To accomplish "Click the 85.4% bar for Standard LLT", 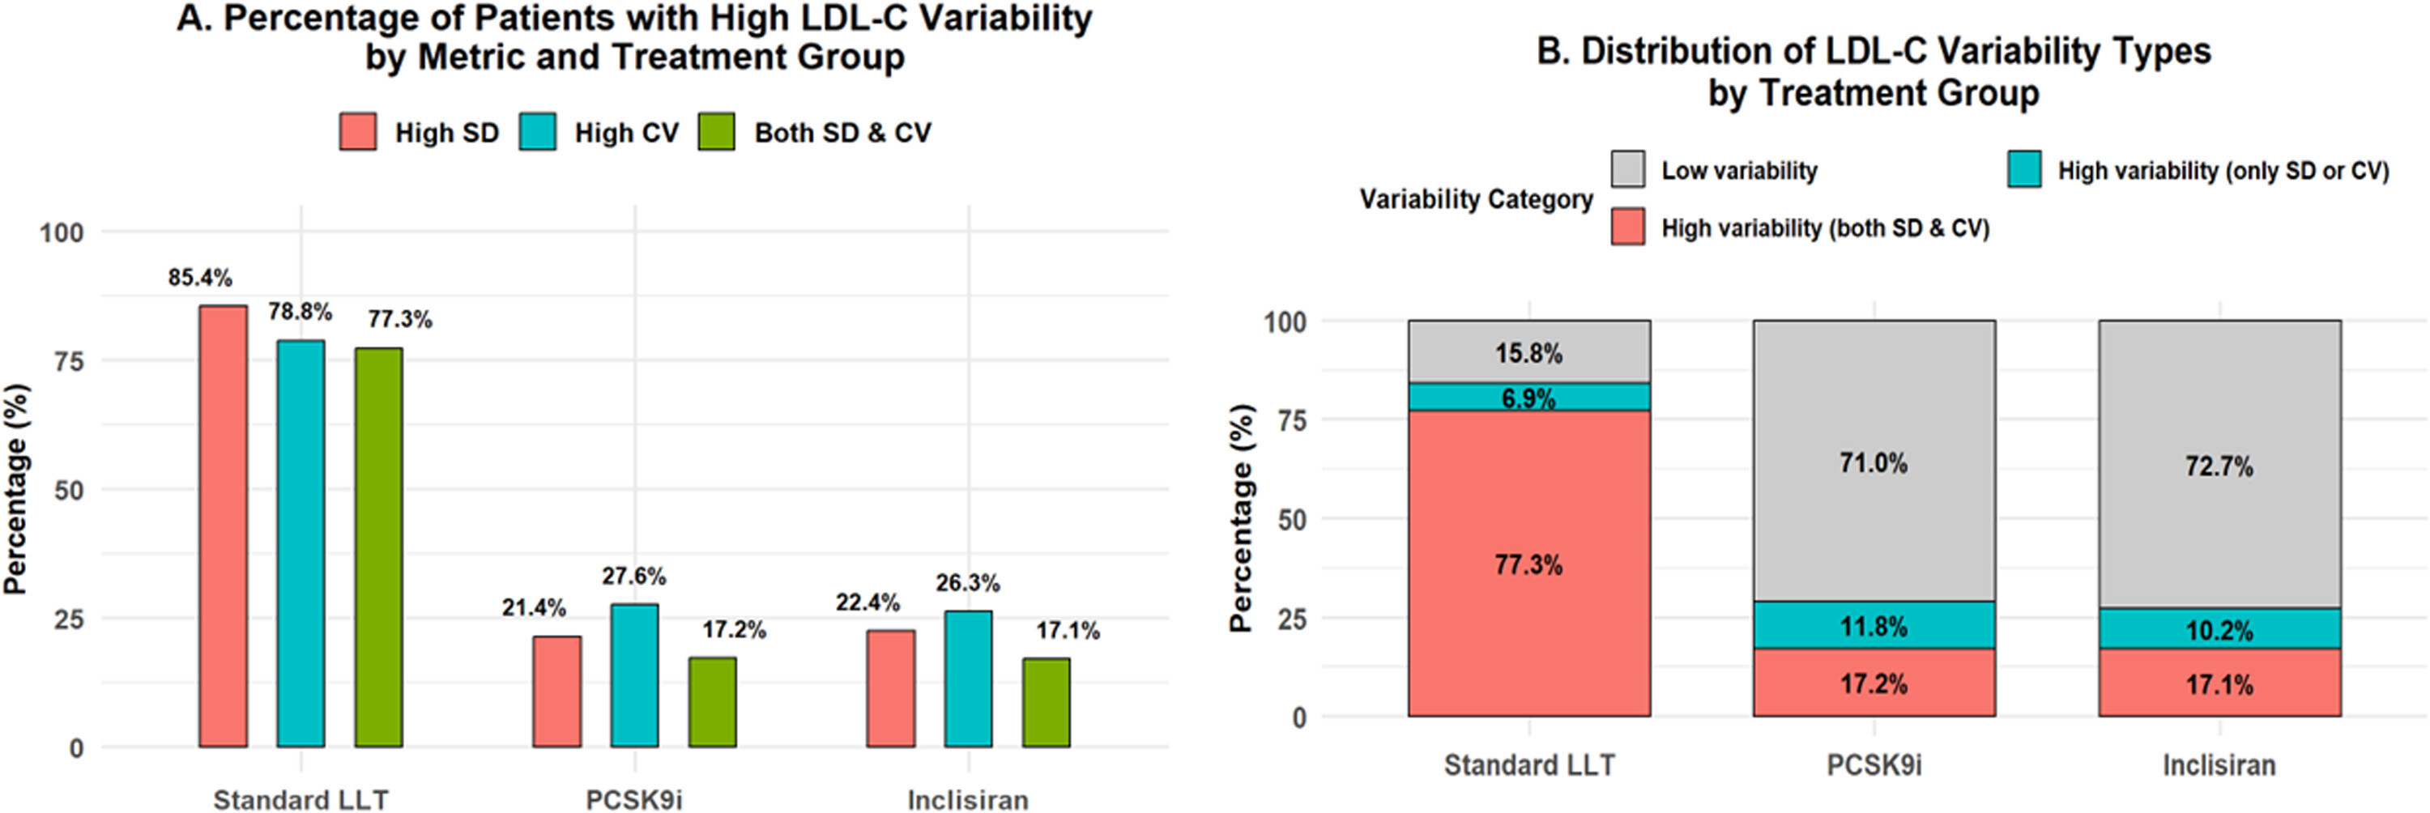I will (223, 526).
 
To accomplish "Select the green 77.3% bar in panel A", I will (378, 547).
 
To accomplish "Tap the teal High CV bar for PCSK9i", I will (634, 675).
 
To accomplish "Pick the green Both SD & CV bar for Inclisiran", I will (1047, 703).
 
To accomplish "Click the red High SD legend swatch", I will (357, 132).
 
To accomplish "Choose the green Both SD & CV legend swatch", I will (717, 132).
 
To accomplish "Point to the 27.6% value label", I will (634, 575).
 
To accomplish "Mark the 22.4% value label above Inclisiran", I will (867, 602).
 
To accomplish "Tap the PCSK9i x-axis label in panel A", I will (634, 800).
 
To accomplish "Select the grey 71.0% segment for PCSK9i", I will (1874, 462).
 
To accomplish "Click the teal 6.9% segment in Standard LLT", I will (1528, 397).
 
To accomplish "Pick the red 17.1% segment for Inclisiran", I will (2219, 682).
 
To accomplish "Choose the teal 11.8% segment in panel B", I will (1874, 625).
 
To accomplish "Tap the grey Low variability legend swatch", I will (1628, 170).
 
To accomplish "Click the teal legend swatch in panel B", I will (2024, 170).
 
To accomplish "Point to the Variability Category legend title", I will (1475, 199).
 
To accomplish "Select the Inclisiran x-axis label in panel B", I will (2219, 765).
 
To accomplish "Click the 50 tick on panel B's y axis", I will (1285, 520).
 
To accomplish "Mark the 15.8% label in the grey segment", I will (1528, 354).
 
